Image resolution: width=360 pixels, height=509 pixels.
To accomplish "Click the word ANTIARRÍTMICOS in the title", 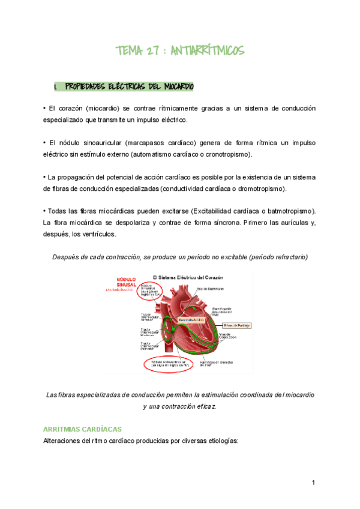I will [x=207, y=51].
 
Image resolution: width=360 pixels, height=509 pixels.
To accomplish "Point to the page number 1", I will [x=313, y=483].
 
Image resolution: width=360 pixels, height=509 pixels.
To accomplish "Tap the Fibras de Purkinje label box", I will [x=235, y=324].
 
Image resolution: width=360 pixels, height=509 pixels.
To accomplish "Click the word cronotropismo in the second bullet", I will [x=227, y=154].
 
